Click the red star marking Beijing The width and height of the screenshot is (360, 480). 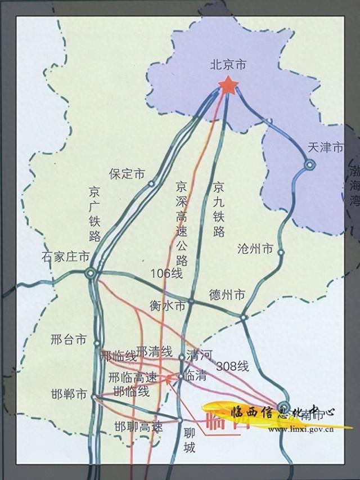coord(228,86)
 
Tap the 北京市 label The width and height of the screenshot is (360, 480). coord(228,65)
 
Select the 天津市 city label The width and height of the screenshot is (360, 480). coord(325,148)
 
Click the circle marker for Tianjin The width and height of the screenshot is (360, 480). coord(309,165)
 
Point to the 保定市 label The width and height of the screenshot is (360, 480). coord(127,174)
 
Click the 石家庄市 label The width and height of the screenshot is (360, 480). coord(65,257)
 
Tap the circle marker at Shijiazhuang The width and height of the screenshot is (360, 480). coord(91,273)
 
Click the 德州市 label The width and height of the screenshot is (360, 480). coord(227,294)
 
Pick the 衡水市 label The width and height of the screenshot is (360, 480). coord(168,306)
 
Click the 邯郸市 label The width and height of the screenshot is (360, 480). coord(69,394)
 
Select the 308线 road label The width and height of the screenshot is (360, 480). coord(232,365)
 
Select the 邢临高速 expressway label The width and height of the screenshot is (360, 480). coord(133,378)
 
